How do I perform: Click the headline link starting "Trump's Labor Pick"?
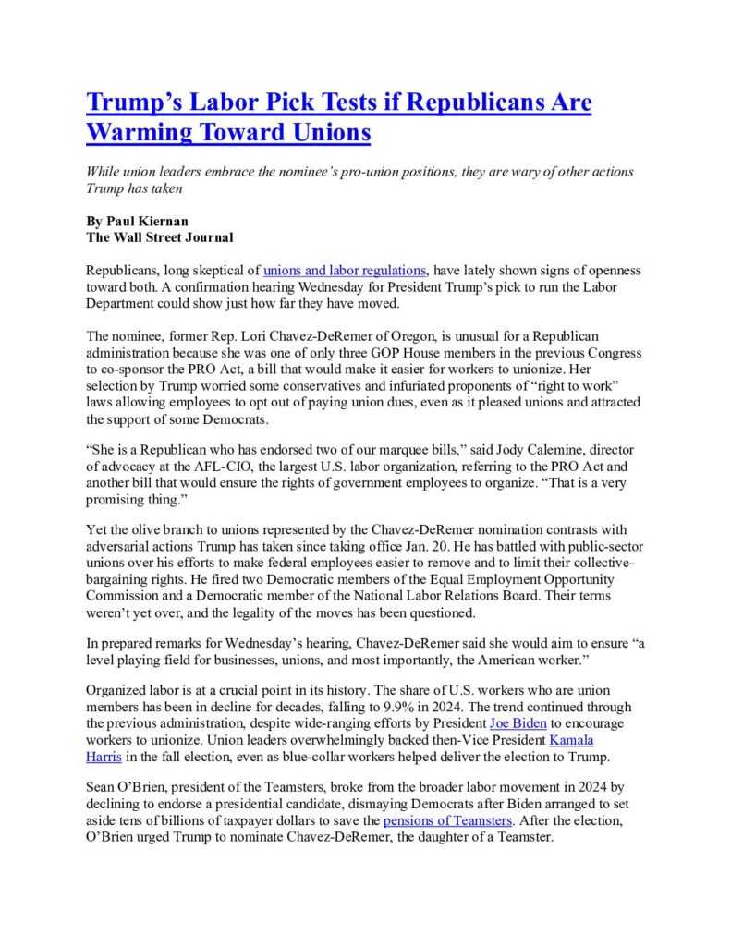pyautogui.click(x=338, y=102)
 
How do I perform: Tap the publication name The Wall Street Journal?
pyautogui.click(x=159, y=237)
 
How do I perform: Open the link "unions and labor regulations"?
pyautogui.click(x=345, y=270)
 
